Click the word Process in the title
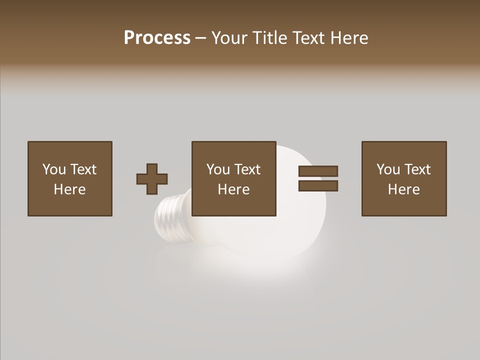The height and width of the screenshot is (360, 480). coord(157,38)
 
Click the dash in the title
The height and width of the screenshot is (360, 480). coord(201,38)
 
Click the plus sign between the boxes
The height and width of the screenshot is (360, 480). coord(152,178)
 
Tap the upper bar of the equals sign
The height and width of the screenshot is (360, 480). coord(318,171)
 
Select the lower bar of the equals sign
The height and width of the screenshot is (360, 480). coord(318,186)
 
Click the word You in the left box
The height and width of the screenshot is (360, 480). coord(54,169)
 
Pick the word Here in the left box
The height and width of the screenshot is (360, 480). coord(69,189)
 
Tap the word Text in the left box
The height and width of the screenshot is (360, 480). coord(82,169)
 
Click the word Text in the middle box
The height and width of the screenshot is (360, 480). coord(247,169)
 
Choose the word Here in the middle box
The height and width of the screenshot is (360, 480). coord(233,189)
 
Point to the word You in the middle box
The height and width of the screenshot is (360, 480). coord(218,169)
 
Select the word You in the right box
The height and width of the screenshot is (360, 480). coord(388,169)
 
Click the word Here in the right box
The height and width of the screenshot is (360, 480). coord(403,189)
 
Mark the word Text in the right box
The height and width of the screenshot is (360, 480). coord(417,169)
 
